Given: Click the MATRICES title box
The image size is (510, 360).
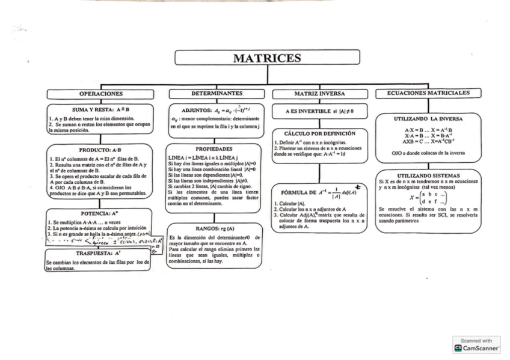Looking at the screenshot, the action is pos(267,58).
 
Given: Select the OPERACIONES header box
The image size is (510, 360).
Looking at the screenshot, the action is pos(100,94).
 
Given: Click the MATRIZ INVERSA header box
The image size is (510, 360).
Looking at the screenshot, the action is pos(319,94).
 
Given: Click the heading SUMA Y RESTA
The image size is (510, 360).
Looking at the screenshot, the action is pos(100,110).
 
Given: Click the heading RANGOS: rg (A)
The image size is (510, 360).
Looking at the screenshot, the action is pos(215,228).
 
